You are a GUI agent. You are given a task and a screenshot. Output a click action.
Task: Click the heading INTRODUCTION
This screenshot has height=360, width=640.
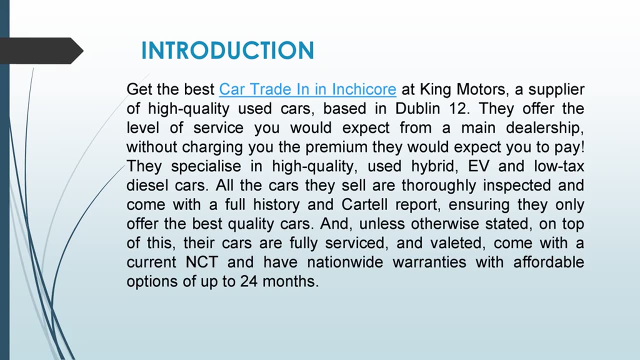pos(227,51)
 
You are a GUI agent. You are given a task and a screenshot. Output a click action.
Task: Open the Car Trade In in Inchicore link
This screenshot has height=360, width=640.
pos(307,89)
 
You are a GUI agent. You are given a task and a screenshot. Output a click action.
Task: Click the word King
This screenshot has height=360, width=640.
pos(435,89)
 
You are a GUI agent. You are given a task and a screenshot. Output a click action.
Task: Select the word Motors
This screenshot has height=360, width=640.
pos(480,89)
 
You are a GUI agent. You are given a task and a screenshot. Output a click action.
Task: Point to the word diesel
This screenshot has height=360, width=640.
pos(144,185)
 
